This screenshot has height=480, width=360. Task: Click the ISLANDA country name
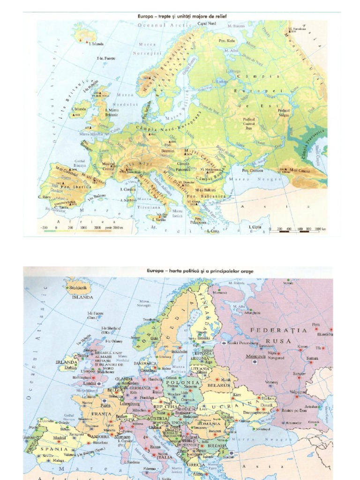[x=82, y=297]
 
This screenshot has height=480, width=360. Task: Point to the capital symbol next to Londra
[x=99, y=383]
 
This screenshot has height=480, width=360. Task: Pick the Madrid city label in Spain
[x=59, y=438]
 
